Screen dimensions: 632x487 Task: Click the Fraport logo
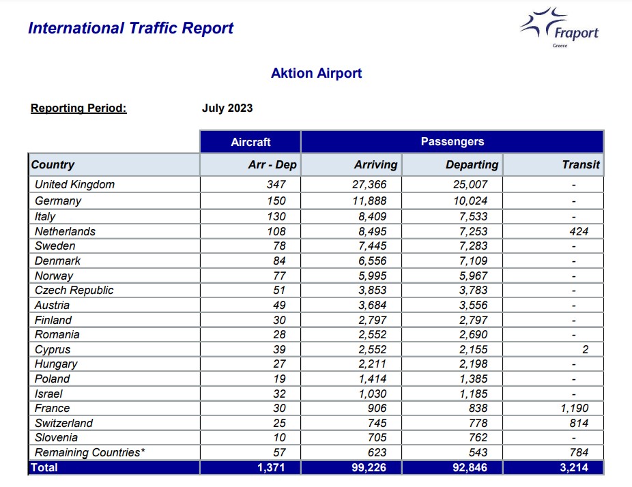[x=560, y=27]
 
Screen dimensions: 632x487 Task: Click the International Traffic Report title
[x=130, y=28]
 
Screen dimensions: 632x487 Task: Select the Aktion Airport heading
[x=317, y=73]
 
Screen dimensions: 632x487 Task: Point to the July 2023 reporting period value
[x=227, y=108]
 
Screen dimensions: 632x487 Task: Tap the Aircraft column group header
[x=250, y=142]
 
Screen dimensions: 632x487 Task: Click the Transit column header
[x=581, y=164]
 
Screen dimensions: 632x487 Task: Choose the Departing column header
[x=472, y=164]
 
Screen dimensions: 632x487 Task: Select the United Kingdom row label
[x=74, y=184]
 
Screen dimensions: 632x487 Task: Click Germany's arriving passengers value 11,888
[x=369, y=201]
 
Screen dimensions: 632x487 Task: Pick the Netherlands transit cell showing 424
[x=579, y=231]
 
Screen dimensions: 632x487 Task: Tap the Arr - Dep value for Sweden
[x=279, y=246]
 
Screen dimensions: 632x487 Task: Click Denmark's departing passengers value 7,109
[x=473, y=261]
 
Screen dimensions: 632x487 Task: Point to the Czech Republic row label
[x=74, y=290]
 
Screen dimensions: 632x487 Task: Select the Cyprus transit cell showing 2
[x=585, y=349]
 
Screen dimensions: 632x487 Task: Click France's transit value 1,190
[x=575, y=408]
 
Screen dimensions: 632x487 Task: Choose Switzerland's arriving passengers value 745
[x=377, y=423]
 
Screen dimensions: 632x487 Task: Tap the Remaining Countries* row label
[x=90, y=452]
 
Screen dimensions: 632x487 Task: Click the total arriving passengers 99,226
[x=369, y=467]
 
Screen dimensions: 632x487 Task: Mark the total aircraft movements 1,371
[x=271, y=467]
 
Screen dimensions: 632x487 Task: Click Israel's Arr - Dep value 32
[x=279, y=394]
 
